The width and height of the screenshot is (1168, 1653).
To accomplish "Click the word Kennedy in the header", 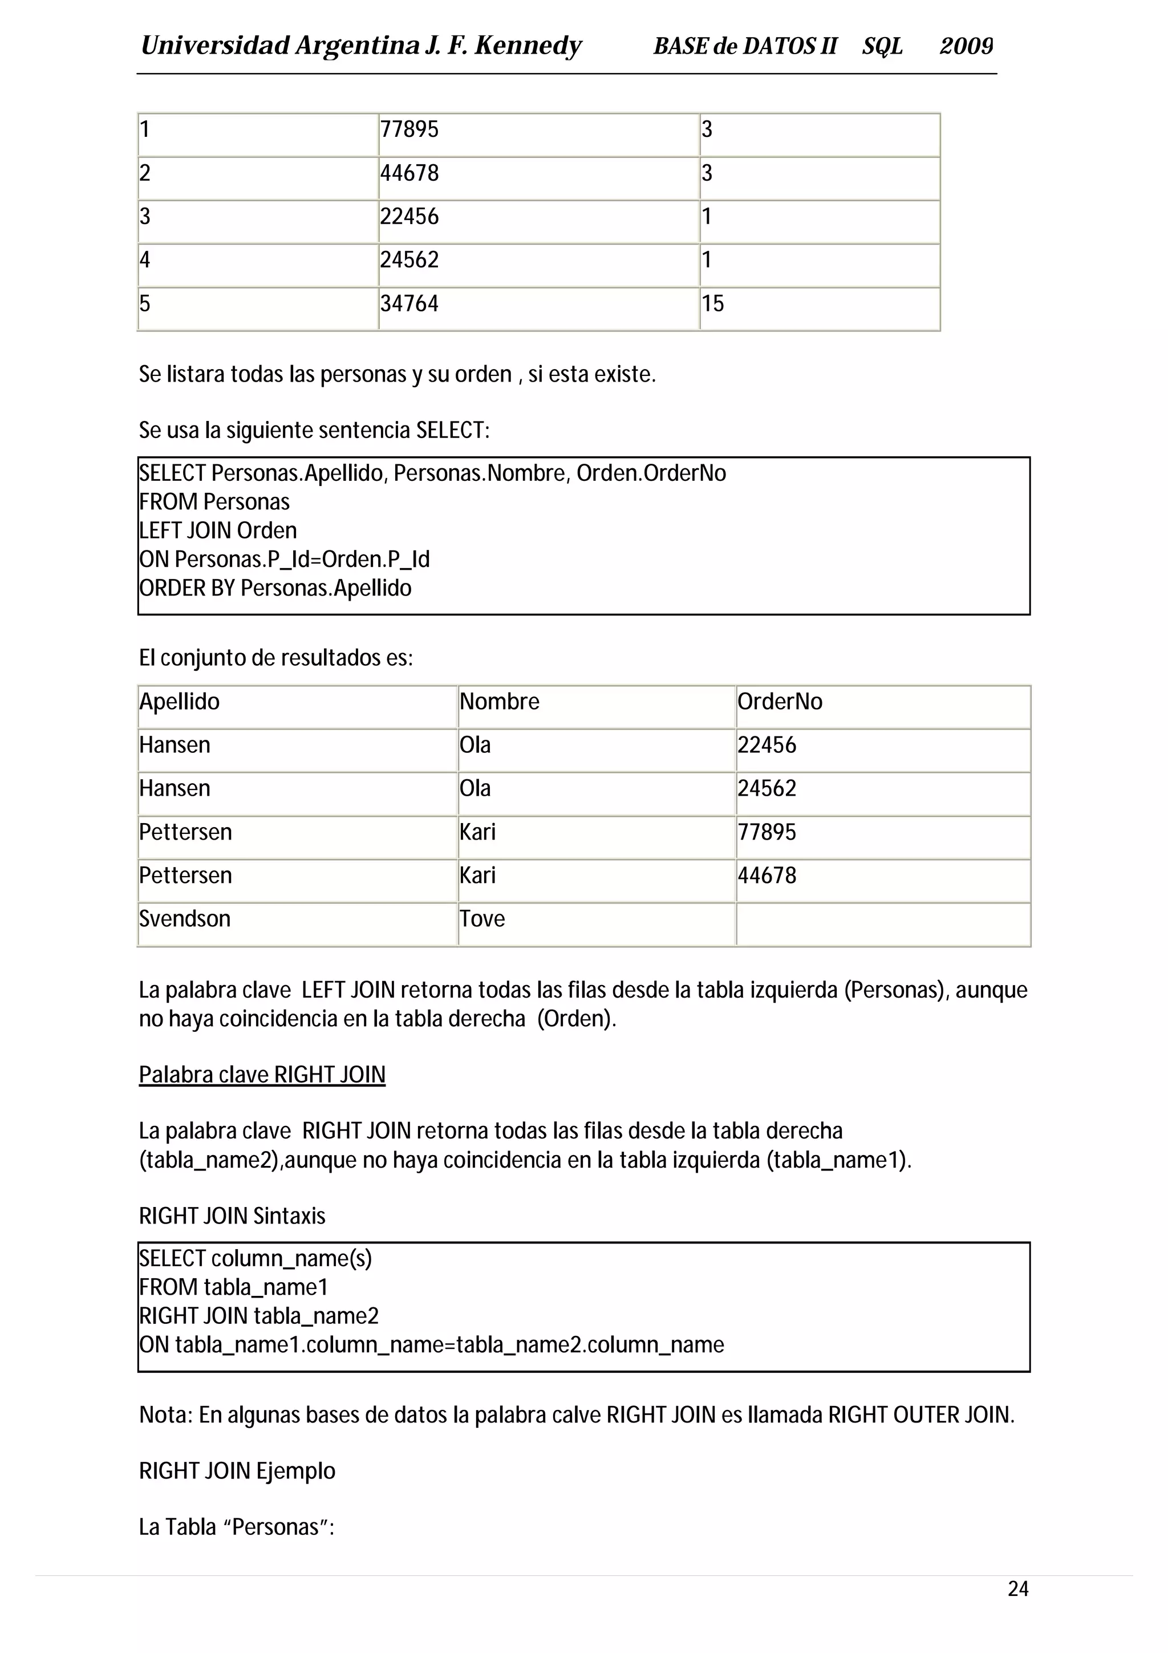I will point(528,46).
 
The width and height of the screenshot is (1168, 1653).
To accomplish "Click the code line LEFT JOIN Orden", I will point(218,530).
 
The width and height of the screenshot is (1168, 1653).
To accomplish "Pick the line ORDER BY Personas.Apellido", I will point(275,588).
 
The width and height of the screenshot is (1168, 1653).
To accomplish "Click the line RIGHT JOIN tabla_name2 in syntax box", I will point(259,1315).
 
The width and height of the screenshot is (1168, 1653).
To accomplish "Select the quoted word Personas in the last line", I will point(275,1527).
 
